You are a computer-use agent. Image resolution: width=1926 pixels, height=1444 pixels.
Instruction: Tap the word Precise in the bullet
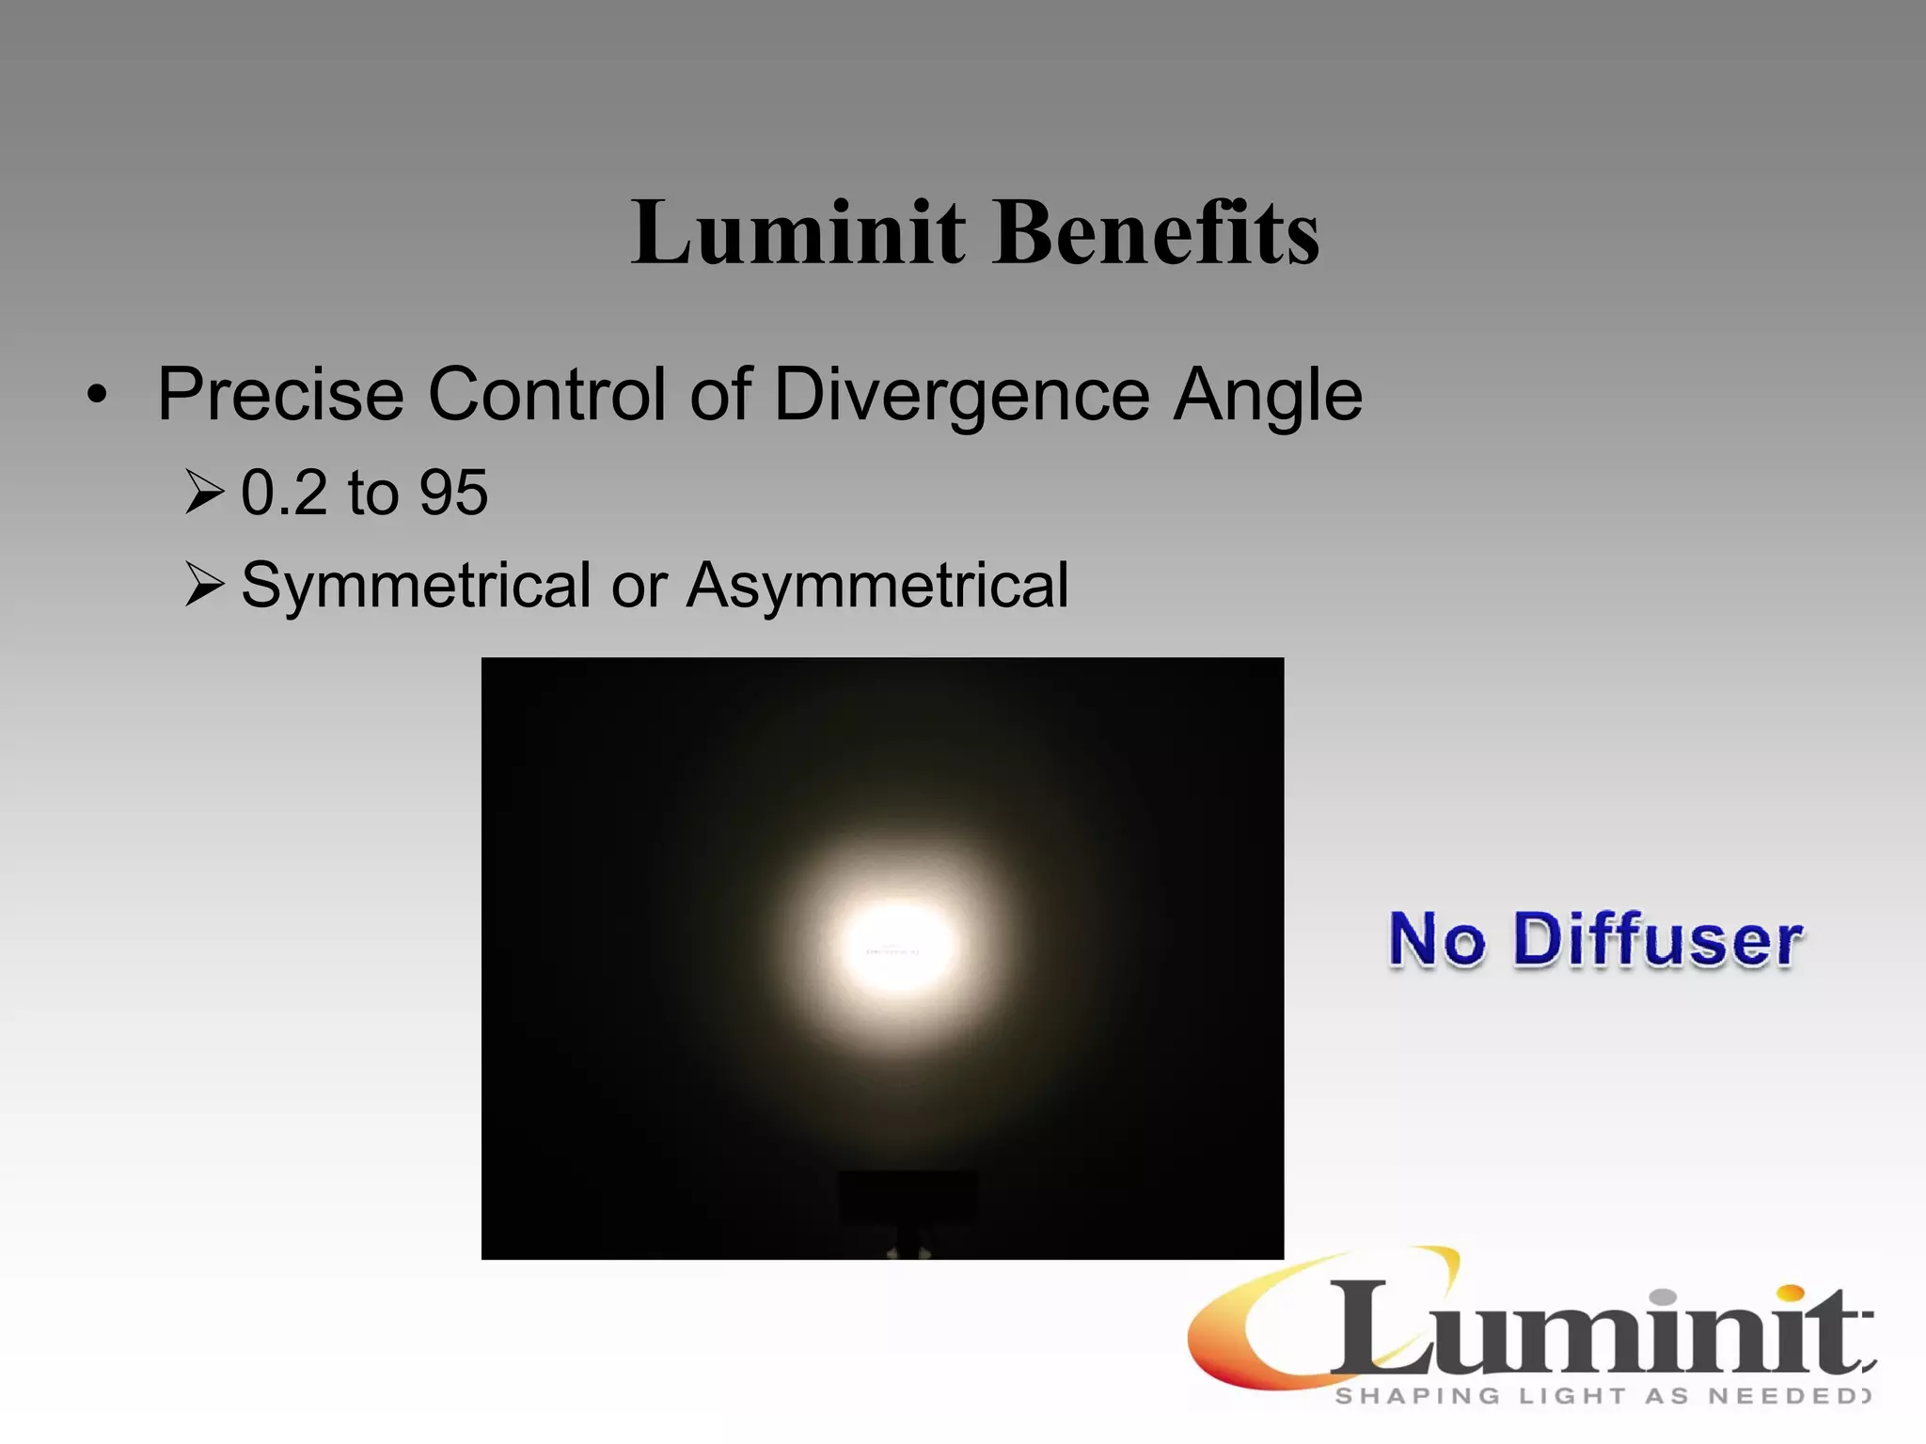point(280,394)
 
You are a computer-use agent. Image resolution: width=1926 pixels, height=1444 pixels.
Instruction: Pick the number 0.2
point(283,492)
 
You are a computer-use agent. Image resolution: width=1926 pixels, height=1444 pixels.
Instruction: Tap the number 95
point(453,492)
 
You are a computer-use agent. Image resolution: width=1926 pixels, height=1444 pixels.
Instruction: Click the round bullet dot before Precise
point(97,396)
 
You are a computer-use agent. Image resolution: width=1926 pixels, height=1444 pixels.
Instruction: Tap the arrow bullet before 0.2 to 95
point(204,493)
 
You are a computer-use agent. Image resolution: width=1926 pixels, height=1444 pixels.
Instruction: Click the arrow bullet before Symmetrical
point(204,585)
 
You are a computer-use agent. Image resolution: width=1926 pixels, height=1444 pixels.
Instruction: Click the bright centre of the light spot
point(895,945)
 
